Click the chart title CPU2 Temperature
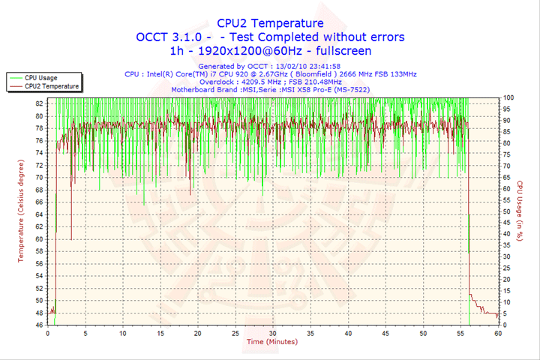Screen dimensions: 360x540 tap(270, 23)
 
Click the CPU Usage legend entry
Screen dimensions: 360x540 tap(40, 77)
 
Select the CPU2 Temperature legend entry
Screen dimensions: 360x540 tap(51, 86)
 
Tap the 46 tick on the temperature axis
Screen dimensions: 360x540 tap(39, 325)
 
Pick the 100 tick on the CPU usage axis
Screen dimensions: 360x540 tap(508, 97)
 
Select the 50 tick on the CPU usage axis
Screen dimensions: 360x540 tap(508, 211)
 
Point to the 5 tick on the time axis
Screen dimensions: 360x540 tap(85, 334)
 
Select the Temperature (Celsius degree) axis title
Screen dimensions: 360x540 tap(21, 211)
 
